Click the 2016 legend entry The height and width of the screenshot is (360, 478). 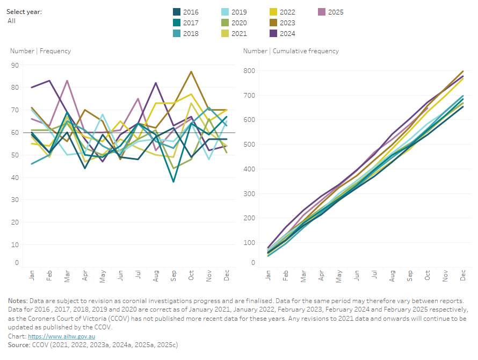tap(185, 12)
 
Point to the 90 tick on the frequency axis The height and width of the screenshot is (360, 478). tap(15, 66)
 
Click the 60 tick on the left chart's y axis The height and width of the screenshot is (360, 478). tap(15, 133)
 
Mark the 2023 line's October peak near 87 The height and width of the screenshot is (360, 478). tap(191, 71)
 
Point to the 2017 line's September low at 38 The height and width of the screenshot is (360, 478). tap(173, 182)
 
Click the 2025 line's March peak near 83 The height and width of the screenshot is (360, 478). tap(67, 81)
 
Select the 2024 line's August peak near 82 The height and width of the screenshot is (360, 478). tap(156, 83)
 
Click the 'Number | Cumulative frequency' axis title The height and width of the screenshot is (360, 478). tap(291, 51)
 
